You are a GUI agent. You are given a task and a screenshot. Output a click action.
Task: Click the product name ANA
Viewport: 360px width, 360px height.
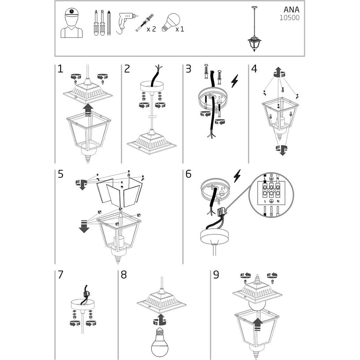(x=291, y=10)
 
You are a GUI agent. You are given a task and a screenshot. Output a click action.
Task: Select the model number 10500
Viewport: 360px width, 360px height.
(x=289, y=18)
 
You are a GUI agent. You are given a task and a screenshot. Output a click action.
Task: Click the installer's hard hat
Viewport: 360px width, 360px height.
(x=72, y=12)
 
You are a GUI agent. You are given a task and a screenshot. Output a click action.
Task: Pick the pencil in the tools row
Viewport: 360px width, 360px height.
(x=109, y=22)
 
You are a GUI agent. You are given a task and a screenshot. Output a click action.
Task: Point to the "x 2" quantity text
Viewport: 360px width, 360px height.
(x=151, y=29)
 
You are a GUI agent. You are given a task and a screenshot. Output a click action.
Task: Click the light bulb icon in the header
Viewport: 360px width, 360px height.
(x=171, y=22)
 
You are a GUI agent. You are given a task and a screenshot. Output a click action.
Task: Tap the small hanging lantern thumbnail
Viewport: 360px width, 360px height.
(x=254, y=29)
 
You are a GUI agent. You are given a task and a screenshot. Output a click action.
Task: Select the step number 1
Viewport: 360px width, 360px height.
(x=60, y=69)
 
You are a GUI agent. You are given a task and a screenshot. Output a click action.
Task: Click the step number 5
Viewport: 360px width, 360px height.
(x=60, y=174)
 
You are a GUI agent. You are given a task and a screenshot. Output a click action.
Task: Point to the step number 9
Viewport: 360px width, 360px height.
(x=216, y=275)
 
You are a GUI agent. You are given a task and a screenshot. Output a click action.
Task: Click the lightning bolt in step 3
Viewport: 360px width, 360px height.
(x=235, y=81)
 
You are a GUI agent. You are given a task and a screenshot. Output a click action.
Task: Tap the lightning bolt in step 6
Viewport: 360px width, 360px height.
(x=237, y=176)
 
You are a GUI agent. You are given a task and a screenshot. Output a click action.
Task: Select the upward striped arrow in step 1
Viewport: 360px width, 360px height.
(x=88, y=110)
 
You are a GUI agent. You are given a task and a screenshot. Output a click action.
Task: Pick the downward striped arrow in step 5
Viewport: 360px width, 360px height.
(x=84, y=226)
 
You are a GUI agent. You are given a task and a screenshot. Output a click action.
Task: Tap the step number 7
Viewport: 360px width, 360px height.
(x=60, y=275)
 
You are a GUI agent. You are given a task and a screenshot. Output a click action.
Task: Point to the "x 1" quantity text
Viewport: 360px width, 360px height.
(x=180, y=29)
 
